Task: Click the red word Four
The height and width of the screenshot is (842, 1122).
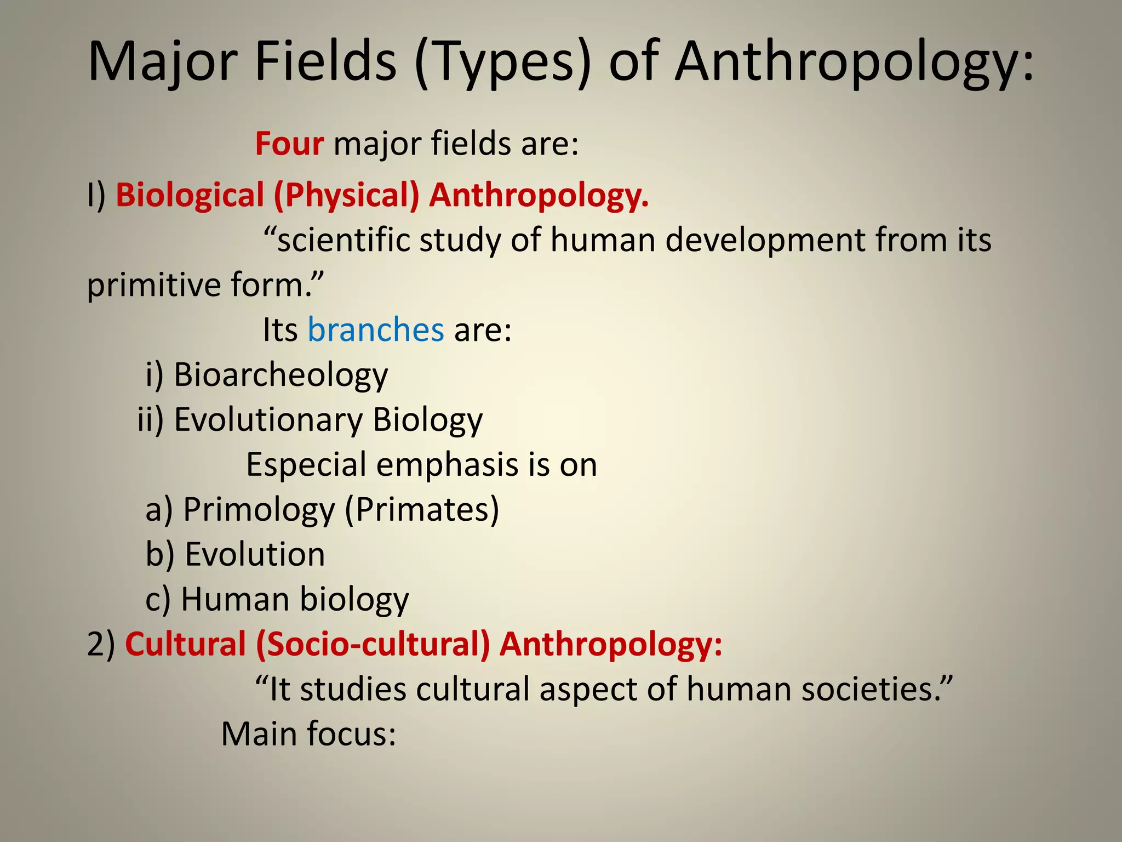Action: coord(289,144)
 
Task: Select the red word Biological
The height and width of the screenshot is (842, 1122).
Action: coord(190,196)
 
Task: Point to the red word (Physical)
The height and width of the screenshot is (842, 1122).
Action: coord(346,196)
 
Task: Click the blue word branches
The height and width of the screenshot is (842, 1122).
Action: coord(376,330)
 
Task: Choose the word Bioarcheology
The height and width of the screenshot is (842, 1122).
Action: coord(280,375)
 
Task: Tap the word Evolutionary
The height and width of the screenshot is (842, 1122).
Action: coord(268,420)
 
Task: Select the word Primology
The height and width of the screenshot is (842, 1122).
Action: coord(259,510)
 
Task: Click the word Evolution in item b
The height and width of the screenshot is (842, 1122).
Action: coord(255,554)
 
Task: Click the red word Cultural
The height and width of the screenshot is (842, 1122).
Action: coord(185,644)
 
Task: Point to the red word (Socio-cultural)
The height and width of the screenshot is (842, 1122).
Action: coord(373,644)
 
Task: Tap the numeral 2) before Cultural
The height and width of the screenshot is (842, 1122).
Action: coord(101,644)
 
